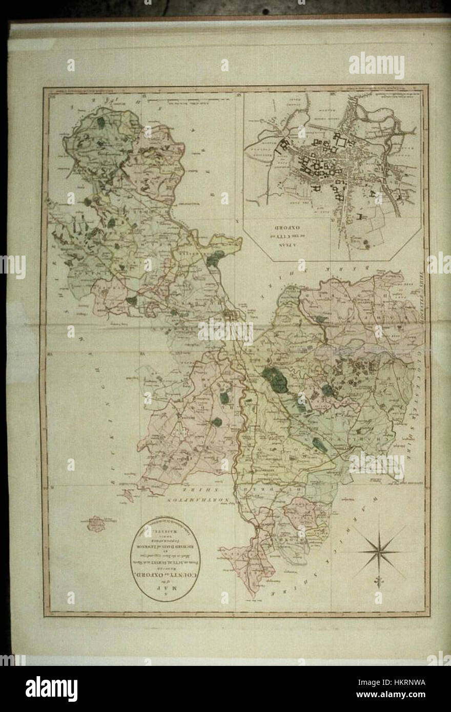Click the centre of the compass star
click(x=380, y=551)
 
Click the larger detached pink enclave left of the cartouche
click(x=96, y=523)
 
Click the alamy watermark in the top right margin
click(x=377, y=66)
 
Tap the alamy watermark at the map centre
click(x=225, y=331)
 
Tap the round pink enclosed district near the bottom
click(x=301, y=512)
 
